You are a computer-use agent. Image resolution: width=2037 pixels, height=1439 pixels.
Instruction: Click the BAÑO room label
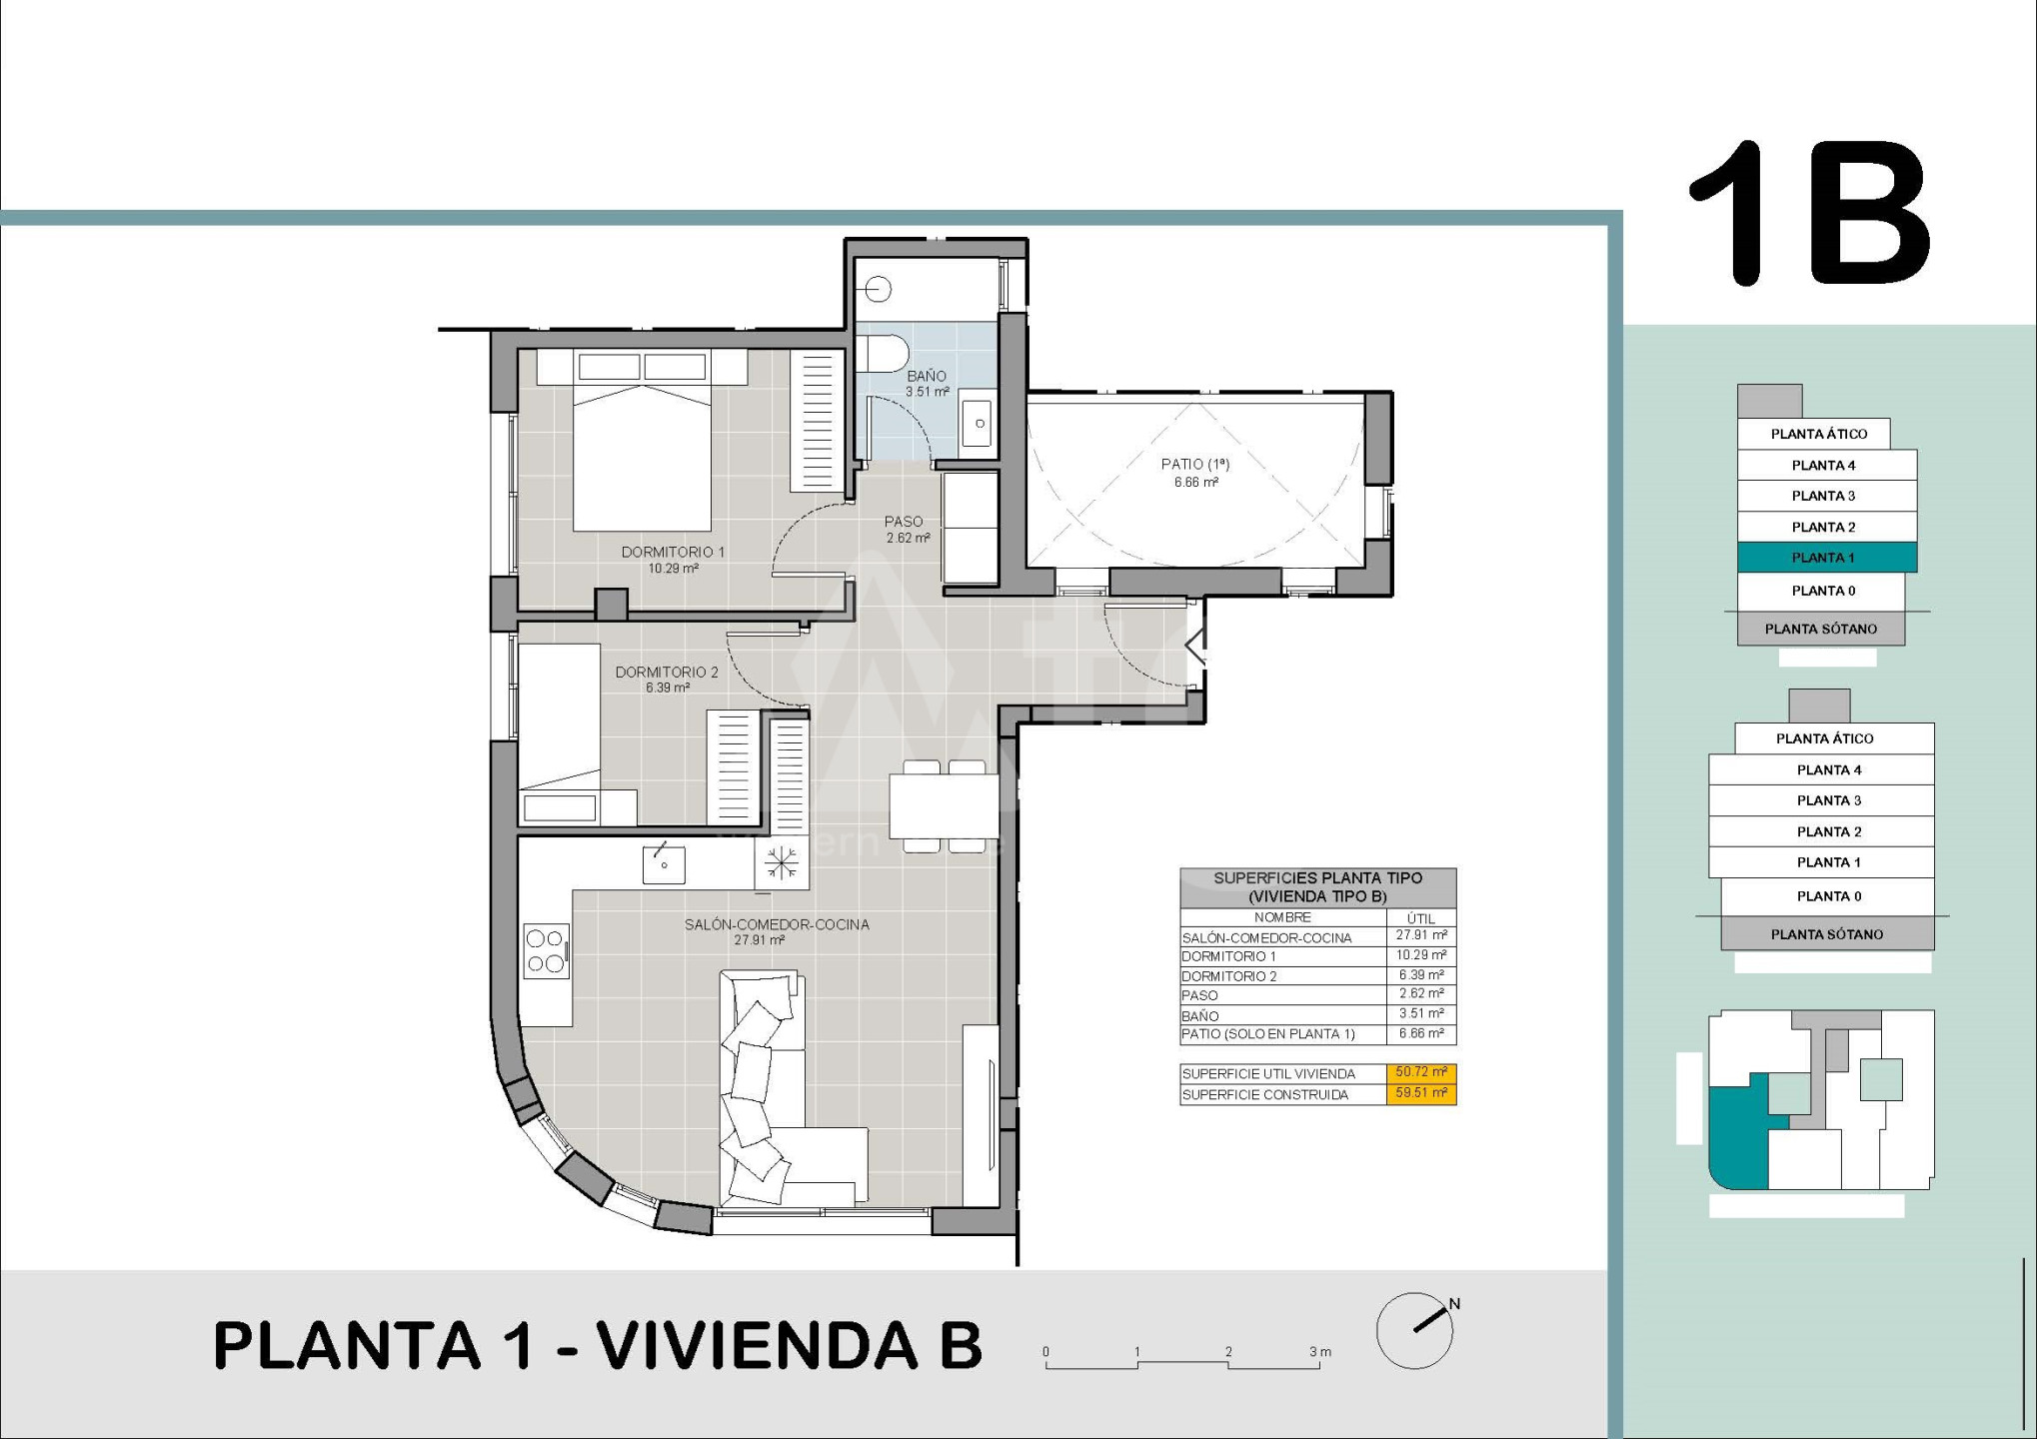click(x=927, y=377)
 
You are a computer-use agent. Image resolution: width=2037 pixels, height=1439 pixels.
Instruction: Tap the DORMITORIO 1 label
click(x=673, y=552)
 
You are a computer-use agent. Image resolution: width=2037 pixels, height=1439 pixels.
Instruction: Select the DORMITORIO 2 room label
click(x=667, y=673)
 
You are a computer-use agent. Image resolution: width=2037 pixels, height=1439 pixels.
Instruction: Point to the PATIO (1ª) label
click(x=1195, y=464)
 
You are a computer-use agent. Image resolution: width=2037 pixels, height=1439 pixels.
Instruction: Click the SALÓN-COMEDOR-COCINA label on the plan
click(x=777, y=924)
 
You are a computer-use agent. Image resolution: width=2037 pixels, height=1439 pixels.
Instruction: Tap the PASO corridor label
click(x=904, y=522)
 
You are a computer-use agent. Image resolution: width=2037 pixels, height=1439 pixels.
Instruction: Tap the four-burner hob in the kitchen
click(x=547, y=950)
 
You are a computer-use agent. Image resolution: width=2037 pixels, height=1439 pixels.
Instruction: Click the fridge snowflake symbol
click(x=781, y=861)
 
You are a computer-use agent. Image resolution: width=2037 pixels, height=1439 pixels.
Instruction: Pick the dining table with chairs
click(x=944, y=806)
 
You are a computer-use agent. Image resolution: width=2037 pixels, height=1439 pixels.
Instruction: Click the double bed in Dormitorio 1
click(x=642, y=441)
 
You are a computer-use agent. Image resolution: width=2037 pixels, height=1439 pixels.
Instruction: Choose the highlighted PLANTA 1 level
click(x=1826, y=558)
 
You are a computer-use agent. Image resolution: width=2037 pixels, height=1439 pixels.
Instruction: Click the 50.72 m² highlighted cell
click(x=1420, y=1073)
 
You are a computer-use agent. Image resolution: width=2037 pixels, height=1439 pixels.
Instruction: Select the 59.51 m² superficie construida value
click(x=1420, y=1094)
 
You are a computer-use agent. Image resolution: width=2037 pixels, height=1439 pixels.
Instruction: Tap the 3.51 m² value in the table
click(x=1421, y=1014)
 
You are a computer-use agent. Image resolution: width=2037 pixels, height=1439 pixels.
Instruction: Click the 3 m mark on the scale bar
click(x=1319, y=1352)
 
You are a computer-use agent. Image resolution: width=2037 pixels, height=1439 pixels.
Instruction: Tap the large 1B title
click(x=1808, y=213)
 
